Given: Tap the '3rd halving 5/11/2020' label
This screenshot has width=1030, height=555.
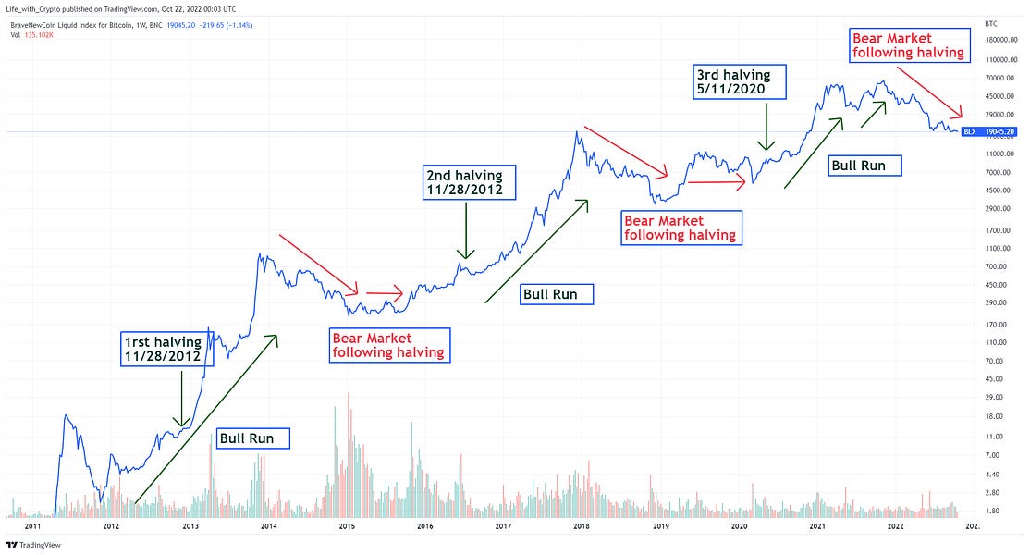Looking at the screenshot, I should pos(739,81).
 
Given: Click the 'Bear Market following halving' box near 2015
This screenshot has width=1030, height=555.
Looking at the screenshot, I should pos(388,344).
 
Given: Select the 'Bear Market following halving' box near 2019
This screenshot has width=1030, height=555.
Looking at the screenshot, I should pos(681,228).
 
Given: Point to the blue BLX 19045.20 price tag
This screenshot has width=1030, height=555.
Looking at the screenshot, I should pos(991,132).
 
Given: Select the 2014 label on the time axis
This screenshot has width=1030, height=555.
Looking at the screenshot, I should pos(268,525).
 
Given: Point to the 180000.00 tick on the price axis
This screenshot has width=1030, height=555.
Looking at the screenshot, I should pos(1003,40).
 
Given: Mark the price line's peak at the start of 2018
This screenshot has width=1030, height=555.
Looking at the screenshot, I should pos(577,131).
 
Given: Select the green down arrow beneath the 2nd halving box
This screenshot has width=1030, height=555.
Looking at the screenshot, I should pos(466,230).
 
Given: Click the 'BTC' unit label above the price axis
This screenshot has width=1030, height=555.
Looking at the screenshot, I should pos(991,22).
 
